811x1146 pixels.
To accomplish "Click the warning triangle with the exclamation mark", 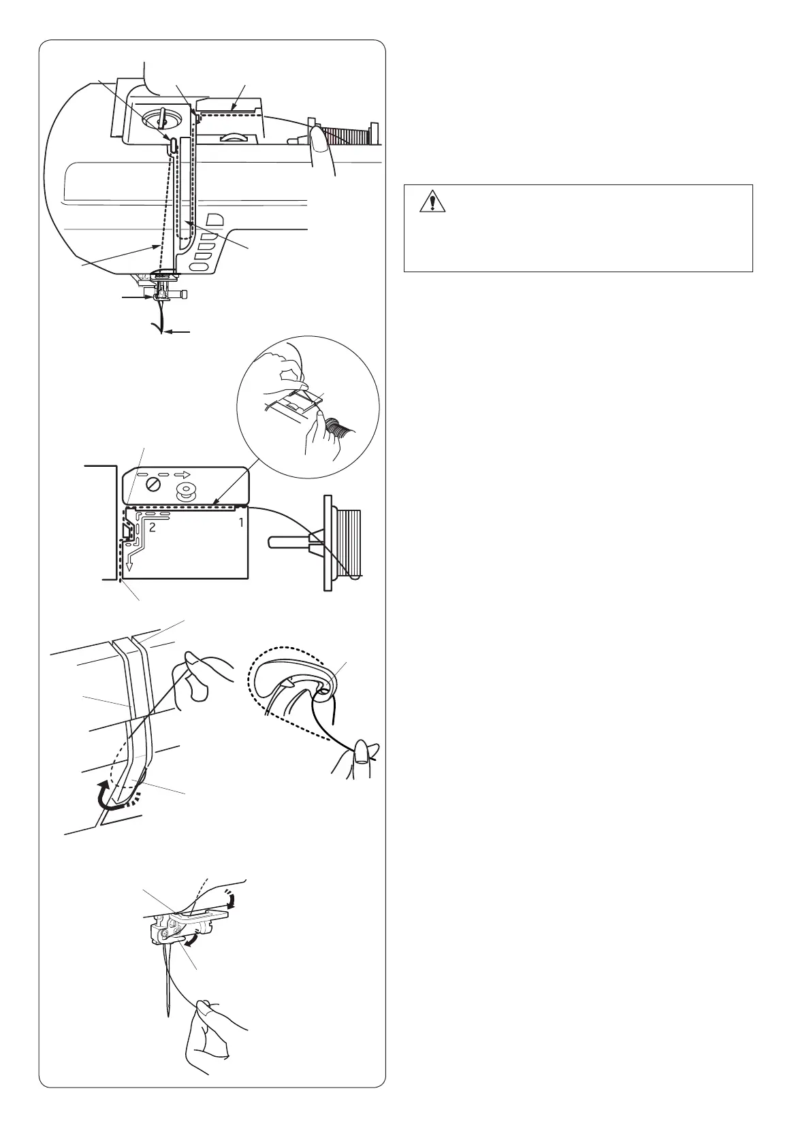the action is click(431, 202).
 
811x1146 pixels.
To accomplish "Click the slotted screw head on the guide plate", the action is click(155, 487).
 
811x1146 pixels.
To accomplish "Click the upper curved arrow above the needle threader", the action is click(236, 902).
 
